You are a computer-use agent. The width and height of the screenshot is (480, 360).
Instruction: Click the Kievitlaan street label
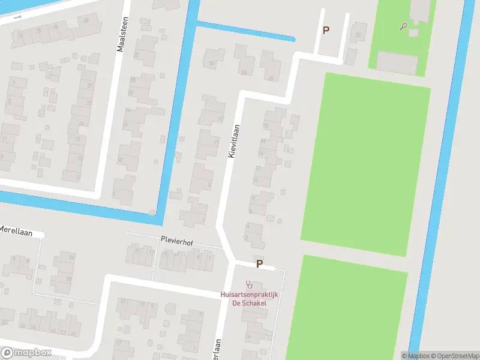click(x=234, y=141)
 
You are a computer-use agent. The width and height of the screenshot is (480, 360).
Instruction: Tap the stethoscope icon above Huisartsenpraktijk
click(x=249, y=284)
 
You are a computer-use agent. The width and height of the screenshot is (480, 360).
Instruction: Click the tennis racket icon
click(x=404, y=26)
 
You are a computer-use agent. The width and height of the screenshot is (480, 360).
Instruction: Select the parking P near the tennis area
click(x=326, y=30)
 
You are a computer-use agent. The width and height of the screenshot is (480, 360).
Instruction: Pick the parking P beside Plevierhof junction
click(x=259, y=263)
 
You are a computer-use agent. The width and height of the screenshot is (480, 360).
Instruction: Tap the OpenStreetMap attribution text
click(x=457, y=356)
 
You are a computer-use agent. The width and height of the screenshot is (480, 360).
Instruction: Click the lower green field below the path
click(x=348, y=306)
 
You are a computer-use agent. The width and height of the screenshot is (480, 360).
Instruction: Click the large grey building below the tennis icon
click(x=397, y=62)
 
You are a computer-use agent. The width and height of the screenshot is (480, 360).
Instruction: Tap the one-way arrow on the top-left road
click(x=18, y=17)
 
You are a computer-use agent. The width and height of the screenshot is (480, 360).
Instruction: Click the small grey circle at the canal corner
click(x=152, y=212)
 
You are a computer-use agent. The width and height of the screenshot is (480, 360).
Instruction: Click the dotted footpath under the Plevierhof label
click(x=174, y=245)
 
